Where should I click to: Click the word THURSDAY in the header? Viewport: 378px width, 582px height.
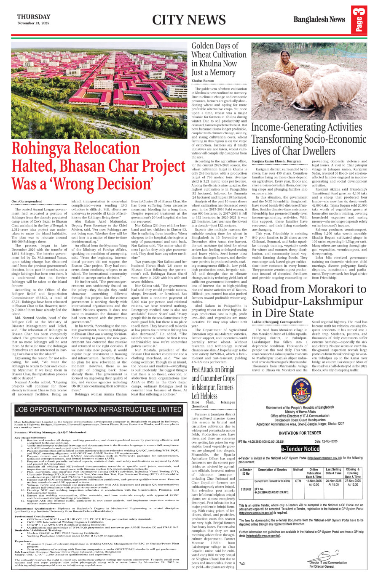click(33, 17)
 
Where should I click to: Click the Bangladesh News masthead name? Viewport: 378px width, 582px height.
click(319, 19)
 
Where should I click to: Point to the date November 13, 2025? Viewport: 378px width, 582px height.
click(33, 23)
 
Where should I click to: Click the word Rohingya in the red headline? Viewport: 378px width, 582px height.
click(46, 149)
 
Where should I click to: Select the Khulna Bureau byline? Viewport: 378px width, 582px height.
click(203, 80)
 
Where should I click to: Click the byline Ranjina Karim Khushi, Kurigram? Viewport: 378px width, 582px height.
click(277, 161)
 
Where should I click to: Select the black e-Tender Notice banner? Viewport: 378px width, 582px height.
click(300, 449)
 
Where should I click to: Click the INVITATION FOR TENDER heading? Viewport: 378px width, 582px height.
click(300, 433)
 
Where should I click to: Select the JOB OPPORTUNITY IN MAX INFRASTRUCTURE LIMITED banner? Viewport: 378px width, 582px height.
click(98, 409)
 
